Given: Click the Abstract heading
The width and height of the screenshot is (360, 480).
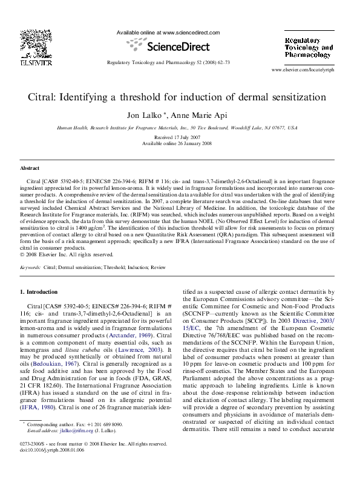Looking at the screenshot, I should pyautogui.click(x=30, y=168).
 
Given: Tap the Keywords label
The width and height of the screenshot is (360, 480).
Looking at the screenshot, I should pyautogui.click(x=30, y=267).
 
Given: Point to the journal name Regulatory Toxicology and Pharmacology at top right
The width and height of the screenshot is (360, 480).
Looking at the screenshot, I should pyautogui.click(x=309, y=47).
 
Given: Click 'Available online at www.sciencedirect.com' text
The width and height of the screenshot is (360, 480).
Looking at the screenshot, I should pyautogui.click(x=168, y=33).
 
